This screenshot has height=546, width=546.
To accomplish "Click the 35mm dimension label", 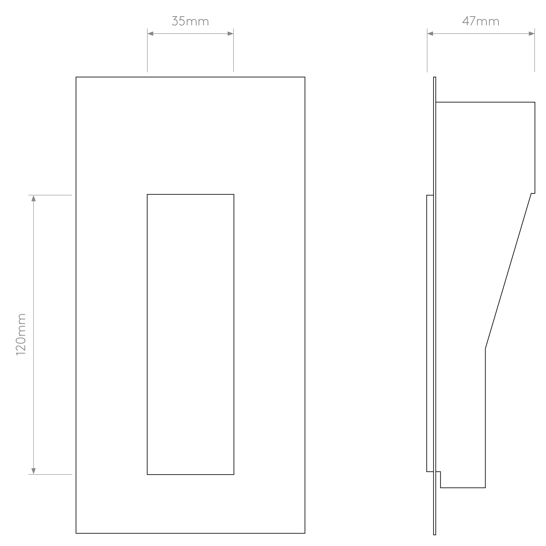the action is click(190, 21).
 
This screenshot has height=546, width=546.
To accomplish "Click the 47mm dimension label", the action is click(481, 21).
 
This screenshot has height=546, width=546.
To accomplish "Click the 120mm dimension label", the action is click(21, 334).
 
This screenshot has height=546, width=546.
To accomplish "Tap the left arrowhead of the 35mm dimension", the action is click(150, 34).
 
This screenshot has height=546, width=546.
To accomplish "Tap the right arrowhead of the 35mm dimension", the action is click(230, 34).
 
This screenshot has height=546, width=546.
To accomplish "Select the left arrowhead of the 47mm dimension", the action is click(430, 34).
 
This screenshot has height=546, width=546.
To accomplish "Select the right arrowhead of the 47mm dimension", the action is click(532, 34).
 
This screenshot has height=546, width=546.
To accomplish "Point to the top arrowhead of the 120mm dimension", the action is click(33, 198).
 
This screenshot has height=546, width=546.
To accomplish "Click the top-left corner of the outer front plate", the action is click(76, 77).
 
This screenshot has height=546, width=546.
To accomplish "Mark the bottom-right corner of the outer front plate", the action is click(305, 533).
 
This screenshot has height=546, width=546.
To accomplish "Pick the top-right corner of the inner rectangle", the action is click(234, 194).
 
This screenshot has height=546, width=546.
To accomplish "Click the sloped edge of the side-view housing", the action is click(508, 271).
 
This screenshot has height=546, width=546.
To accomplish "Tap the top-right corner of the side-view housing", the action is click(535, 102).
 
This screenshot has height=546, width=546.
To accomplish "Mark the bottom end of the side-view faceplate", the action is click(435, 535).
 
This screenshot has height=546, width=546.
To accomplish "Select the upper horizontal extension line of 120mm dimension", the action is click(50, 195).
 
